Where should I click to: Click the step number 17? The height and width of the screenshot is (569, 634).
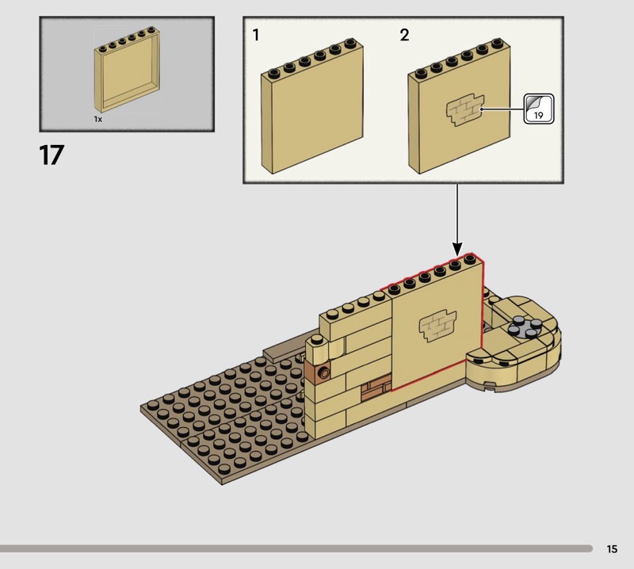[x=52, y=155]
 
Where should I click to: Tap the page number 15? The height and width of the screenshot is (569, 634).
[x=612, y=548]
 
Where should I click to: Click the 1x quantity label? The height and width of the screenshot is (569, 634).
[x=97, y=120]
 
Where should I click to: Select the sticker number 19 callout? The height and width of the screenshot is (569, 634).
[x=539, y=109]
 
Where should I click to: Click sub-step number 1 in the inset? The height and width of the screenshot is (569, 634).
[x=255, y=35]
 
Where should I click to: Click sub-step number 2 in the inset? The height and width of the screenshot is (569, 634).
[x=404, y=35]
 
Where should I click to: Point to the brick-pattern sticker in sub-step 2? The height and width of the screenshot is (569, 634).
[x=465, y=109]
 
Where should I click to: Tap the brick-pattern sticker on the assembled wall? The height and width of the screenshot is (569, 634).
[x=437, y=326]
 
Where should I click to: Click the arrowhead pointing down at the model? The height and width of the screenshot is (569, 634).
[x=457, y=249]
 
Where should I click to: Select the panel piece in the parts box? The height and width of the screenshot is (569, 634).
[x=127, y=70]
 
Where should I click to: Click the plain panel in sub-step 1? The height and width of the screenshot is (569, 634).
[x=311, y=106]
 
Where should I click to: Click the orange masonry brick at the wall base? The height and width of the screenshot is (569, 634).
[x=376, y=388]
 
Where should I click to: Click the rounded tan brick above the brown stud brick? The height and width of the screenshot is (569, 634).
[x=318, y=349]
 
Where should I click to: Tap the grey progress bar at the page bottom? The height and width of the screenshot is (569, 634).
[x=296, y=548]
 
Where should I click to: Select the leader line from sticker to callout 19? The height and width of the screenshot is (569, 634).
[x=502, y=109]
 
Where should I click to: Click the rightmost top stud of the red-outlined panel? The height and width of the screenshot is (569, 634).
[x=469, y=258]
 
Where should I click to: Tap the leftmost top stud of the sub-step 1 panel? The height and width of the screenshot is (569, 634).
[x=273, y=73]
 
